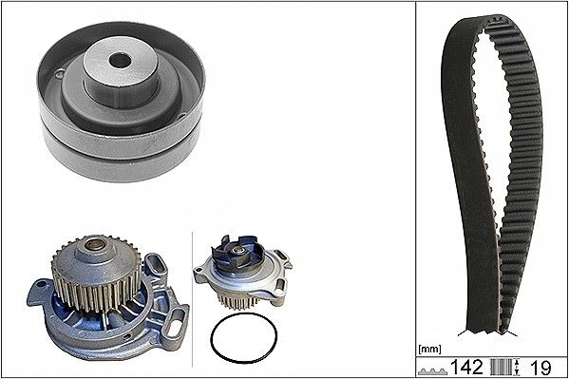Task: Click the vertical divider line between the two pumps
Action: coord(194,294)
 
